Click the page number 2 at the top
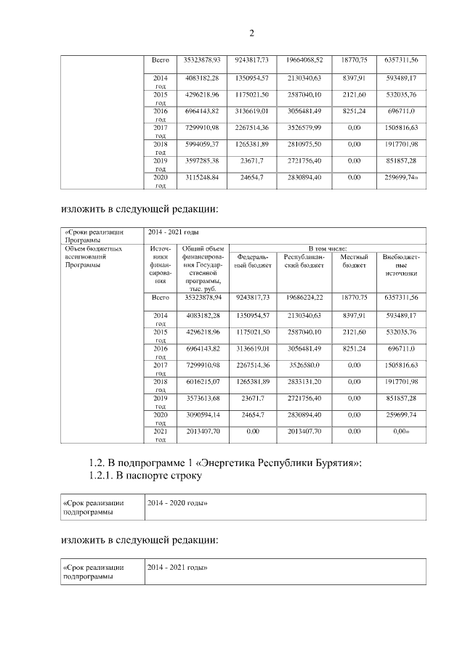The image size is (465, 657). (251, 33)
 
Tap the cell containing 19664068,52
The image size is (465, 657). (304, 59)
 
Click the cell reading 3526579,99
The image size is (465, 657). (304, 128)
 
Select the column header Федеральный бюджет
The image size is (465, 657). (253, 261)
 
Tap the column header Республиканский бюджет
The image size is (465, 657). (304, 261)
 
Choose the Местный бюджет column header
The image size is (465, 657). (354, 261)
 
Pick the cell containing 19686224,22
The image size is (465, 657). (304, 298)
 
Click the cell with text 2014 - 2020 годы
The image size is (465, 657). (178, 502)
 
